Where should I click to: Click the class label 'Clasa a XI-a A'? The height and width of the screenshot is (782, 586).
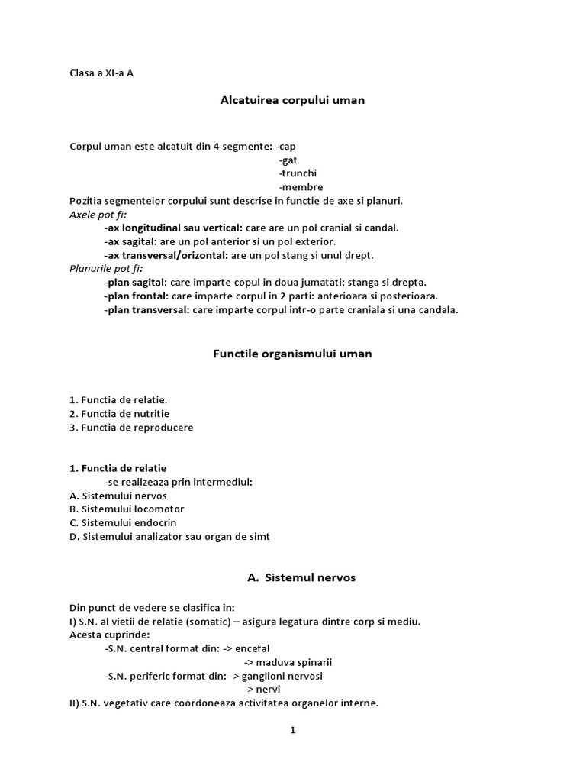tap(101, 73)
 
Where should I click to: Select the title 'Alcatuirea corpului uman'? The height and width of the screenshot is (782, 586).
tap(292, 100)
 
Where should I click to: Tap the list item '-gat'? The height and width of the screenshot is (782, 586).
tap(288, 160)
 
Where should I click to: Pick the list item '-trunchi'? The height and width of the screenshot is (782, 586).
tap(298, 173)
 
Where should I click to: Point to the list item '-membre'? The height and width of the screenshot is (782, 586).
tap(301, 187)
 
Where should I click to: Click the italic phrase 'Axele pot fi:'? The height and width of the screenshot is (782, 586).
tap(98, 215)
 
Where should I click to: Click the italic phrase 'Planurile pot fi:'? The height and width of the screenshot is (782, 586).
tap(106, 269)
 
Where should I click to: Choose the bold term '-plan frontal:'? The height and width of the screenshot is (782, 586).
tap(137, 296)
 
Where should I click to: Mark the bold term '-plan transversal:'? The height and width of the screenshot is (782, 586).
tap(146, 309)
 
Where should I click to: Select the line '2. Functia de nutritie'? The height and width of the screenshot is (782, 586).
tap(119, 414)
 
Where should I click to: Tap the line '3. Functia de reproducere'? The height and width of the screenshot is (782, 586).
tap(131, 428)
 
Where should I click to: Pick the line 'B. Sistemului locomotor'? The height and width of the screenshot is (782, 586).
tap(127, 509)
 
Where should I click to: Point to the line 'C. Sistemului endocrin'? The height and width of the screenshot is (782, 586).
tap(123, 522)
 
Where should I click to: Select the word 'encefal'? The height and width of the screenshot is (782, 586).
tap(253, 648)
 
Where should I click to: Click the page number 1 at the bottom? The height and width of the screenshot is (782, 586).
tap(292, 730)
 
